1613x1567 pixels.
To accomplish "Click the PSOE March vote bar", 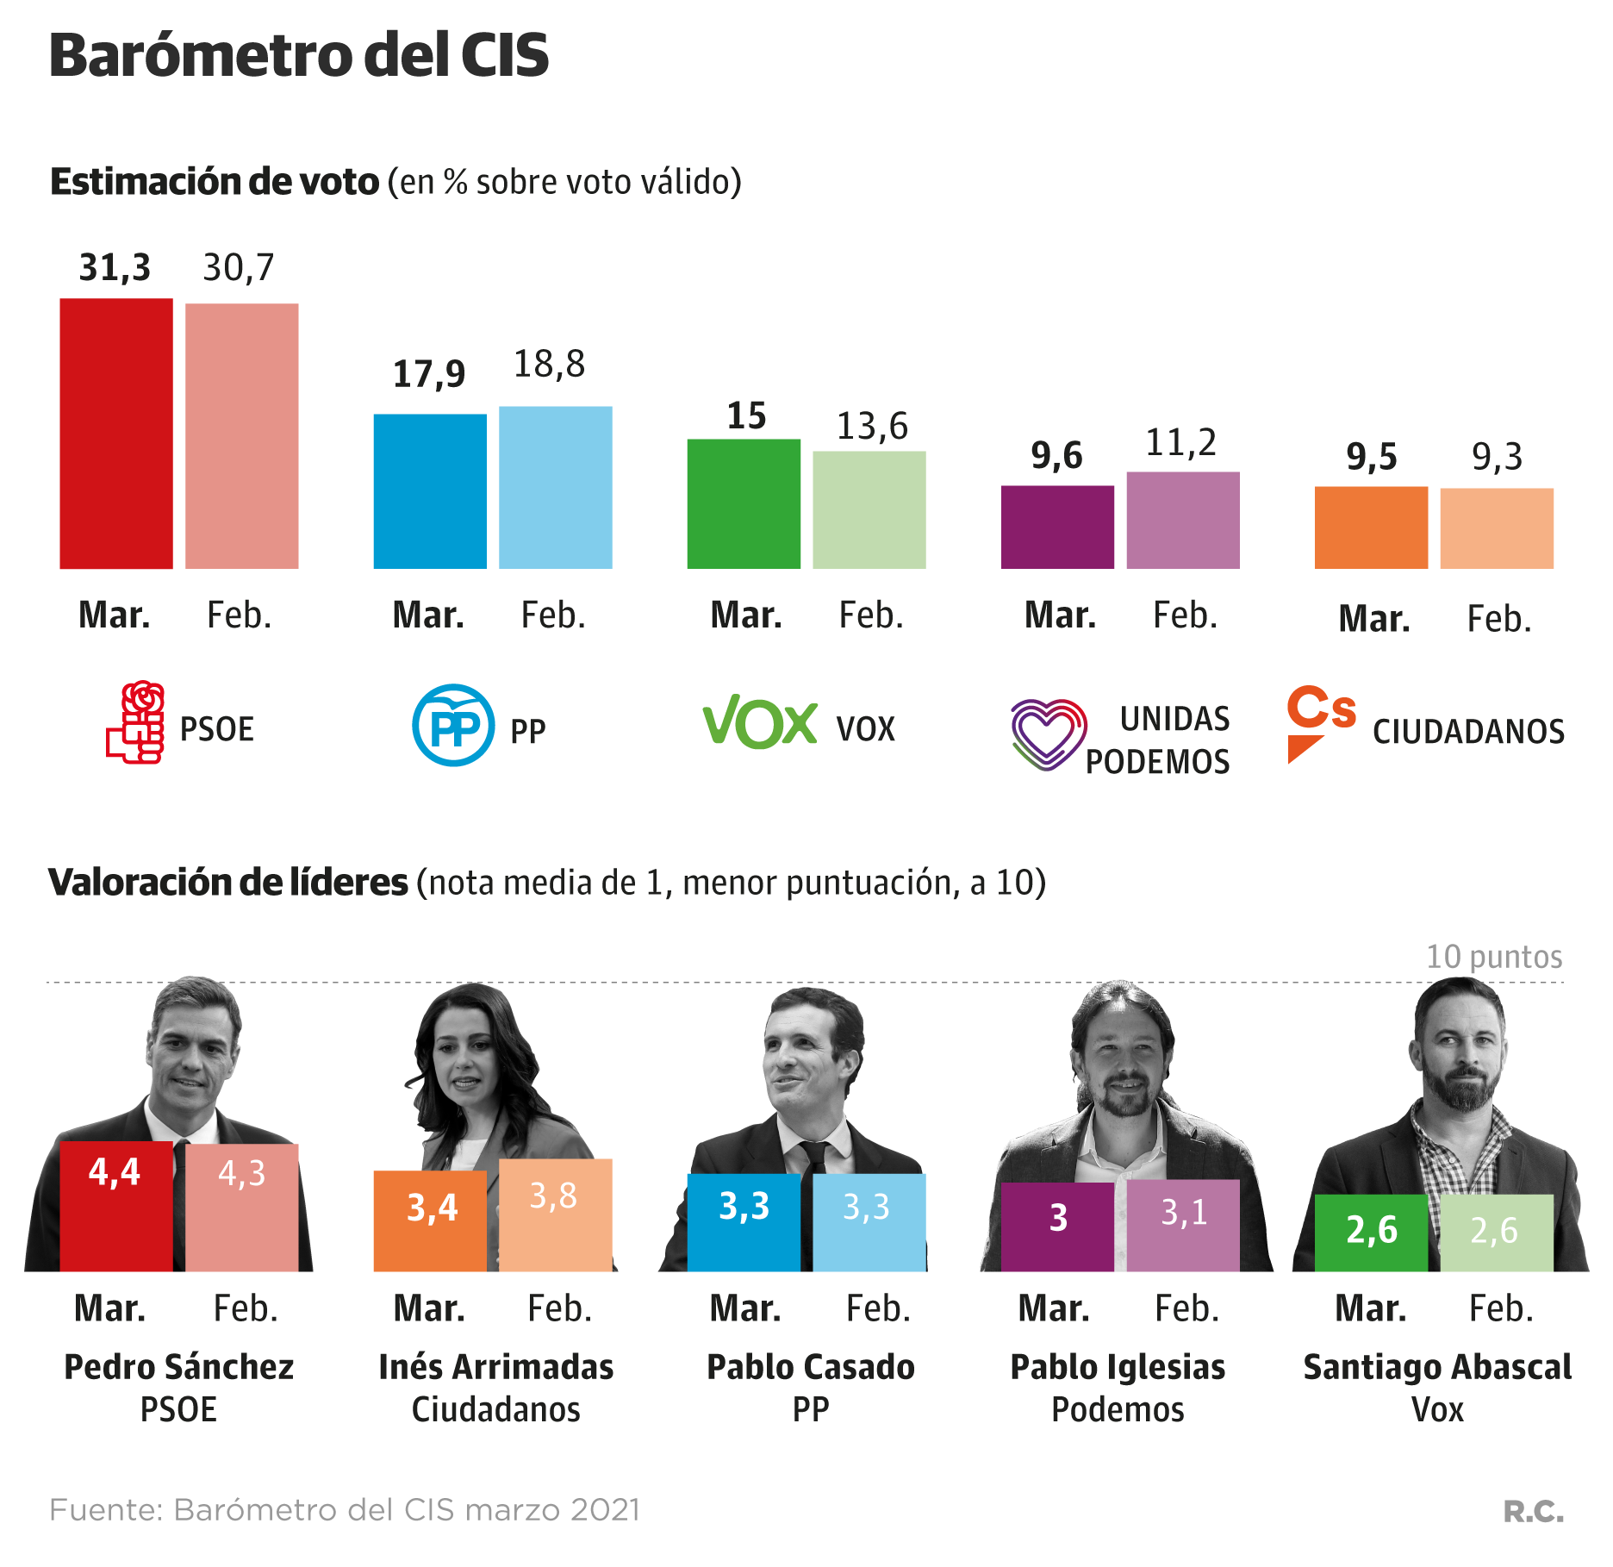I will click(116, 434).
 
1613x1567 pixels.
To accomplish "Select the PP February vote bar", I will click(556, 487).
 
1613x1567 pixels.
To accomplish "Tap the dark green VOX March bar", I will click(744, 503).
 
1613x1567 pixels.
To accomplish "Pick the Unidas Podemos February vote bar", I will click(1183, 520).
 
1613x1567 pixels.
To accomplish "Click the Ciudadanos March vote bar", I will click(1371, 528).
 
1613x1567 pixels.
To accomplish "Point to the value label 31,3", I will click(115, 268).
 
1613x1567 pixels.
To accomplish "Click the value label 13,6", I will click(872, 426).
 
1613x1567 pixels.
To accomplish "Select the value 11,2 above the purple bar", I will click(1180, 443).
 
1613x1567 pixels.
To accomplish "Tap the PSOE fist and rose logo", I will click(136, 723).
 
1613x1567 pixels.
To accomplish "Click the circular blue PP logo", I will click(453, 725).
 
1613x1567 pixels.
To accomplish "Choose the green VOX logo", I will click(760, 722).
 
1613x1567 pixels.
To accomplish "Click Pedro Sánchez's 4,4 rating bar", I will click(116, 1207).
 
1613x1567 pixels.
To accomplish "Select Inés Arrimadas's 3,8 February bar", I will click(556, 1215).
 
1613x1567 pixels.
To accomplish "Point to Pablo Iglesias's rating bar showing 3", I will click(1057, 1227).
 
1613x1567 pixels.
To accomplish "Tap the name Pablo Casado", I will click(811, 1367).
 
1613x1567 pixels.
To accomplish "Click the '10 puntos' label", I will click(1494, 957).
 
